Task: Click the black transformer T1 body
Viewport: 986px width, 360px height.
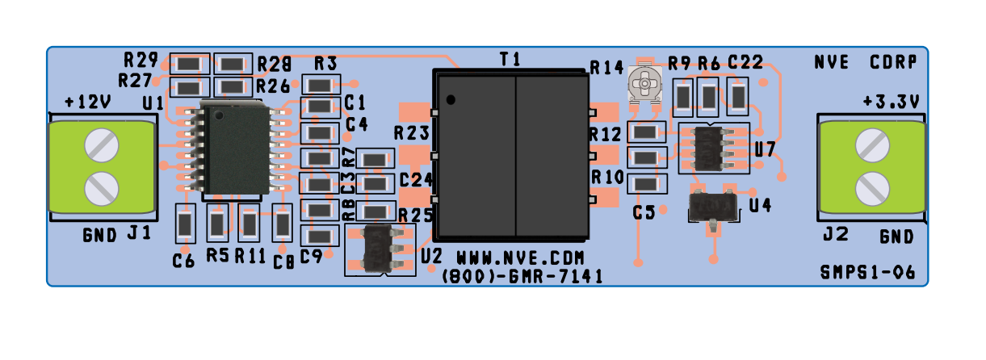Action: pyautogui.click(x=510, y=155)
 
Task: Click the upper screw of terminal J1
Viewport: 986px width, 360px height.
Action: pyautogui.click(x=102, y=145)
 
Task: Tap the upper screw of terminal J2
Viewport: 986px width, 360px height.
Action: pyautogui.click(x=873, y=145)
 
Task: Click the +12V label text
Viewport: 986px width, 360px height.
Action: pyautogui.click(x=87, y=103)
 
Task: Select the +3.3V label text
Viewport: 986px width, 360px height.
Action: pyautogui.click(x=889, y=103)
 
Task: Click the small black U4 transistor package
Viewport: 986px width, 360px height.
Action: pyautogui.click(x=712, y=207)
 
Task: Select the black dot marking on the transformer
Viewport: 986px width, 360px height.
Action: pyautogui.click(x=451, y=99)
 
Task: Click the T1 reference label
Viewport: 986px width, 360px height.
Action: pyautogui.click(x=510, y=59)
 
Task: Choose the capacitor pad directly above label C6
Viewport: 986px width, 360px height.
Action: pyautogui.click(x=186, y=223)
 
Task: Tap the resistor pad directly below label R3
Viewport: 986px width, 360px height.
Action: pyautogui.click(x=320, y=84)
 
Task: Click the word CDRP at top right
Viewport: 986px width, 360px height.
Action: pyautogui.click(x=892, y=62)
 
